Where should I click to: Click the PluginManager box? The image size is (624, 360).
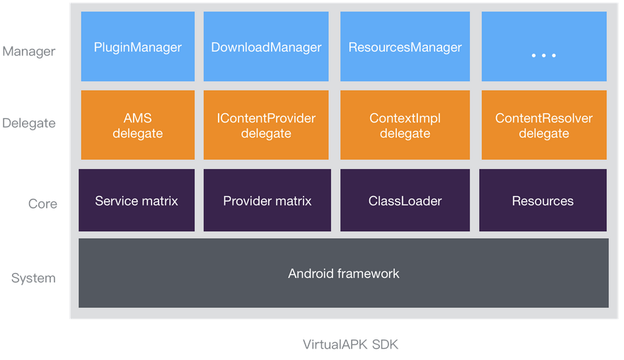click(x=138, y=46)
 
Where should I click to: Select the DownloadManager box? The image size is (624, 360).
click(x=266, y=46)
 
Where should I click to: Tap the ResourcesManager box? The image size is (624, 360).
click(x=405, y=46)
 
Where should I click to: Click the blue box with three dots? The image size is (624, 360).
click(x=544, y=46)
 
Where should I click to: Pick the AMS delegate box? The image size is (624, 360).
click(x=138, y=125)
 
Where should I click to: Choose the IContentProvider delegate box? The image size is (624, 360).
click(x=266, y=125)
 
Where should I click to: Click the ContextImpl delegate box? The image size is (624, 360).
click(x=405, y=125)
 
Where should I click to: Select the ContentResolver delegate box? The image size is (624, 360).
click(x=544, y=125)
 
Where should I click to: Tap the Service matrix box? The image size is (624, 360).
click(x=137, y=200)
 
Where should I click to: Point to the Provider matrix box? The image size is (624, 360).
click(x=267, y=200)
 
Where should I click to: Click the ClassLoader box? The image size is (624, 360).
click(x=405, y=200)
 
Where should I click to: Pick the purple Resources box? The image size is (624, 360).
click(x=543, y=200)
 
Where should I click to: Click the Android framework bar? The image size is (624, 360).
click(x=343, y=273)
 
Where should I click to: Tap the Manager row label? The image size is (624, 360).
click(x=28, y=52)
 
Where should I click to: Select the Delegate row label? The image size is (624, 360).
click(x=28, y=124)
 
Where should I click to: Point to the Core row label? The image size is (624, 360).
click(x=42, y=204)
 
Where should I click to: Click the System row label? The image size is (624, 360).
click(x=33, y=278)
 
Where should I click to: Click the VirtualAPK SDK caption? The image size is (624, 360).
click(x=351, y=344)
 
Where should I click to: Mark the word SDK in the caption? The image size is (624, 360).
click(x=385, y=344)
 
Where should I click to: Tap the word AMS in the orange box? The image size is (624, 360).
click(x=138, y=117)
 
